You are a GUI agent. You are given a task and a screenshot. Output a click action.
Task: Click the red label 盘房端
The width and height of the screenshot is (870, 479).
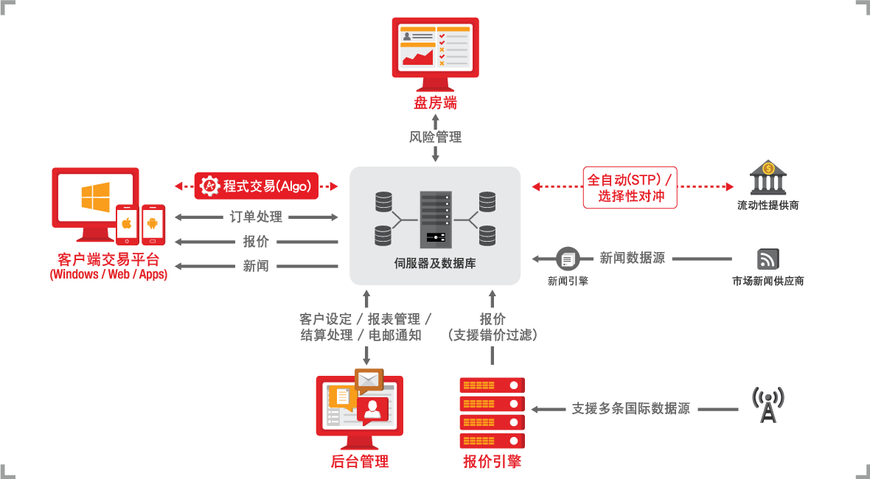coord(436,103)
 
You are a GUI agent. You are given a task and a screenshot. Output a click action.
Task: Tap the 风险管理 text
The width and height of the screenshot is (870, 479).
coord(436,137)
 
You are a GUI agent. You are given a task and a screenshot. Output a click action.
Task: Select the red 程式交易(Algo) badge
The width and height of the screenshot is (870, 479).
coord(257,186)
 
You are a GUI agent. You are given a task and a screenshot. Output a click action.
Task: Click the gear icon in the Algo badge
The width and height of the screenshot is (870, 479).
coord(209,186)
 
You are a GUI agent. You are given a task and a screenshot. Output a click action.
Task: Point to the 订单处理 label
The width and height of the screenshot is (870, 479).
coord(257,217)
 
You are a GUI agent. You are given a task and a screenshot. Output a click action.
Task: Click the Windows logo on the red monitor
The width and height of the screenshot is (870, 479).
coord(95,197)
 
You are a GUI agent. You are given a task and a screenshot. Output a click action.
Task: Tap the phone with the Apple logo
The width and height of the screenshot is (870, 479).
coord(127,225)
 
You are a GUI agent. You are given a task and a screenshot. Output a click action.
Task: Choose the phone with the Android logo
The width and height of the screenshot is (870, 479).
coord(153,225)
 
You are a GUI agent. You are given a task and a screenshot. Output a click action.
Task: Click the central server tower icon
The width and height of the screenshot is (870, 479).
coord(436,220)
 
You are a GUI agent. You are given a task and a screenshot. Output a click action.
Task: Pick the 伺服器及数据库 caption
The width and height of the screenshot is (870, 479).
coord(435,263)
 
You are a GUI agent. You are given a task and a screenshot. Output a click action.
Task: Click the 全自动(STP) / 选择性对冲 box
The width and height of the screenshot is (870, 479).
coord(630,187)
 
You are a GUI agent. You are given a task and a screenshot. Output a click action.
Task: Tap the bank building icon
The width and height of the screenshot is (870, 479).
coord(768,177)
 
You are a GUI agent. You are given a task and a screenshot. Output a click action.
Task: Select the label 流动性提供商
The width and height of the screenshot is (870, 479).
coord(768,206)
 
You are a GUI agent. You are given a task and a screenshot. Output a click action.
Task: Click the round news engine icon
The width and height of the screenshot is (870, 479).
coord(568,259)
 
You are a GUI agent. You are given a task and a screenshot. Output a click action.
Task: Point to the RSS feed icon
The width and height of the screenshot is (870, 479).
coord(768,259)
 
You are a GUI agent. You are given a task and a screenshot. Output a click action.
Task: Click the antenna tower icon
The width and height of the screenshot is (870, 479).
coord(768,405)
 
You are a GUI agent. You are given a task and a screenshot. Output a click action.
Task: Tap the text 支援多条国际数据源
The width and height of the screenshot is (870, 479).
coord(631,409)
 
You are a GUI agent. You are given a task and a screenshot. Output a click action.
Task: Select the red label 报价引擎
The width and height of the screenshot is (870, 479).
coord(493,461)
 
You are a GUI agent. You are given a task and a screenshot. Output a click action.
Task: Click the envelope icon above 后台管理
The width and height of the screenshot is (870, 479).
coord(368,380)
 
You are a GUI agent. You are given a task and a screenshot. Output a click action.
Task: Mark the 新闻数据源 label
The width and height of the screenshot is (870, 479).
coord(632,258)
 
